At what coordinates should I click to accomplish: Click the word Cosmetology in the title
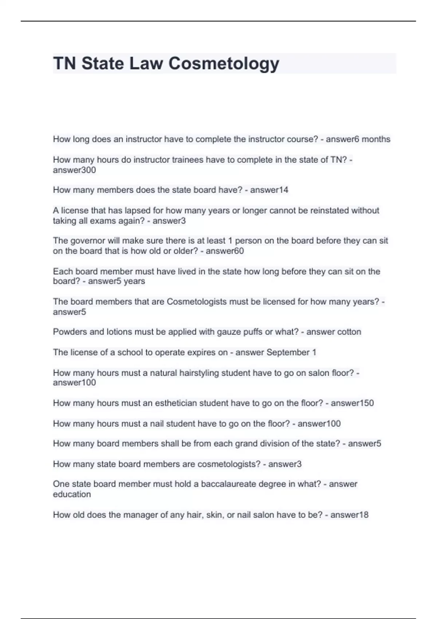click(x=224, y=64)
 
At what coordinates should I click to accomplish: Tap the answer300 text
click(x=74, y=170)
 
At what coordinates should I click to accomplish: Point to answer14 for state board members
click(x=269, y=190)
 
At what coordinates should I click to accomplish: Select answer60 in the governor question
click(x=225, y=251)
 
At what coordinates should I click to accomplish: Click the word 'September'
click(x=288, y=352)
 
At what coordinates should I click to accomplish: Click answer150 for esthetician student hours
click(x=352, y=403)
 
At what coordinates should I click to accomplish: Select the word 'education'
click(x=72, y=494)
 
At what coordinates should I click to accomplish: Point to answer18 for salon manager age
click(x=349, y=515)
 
